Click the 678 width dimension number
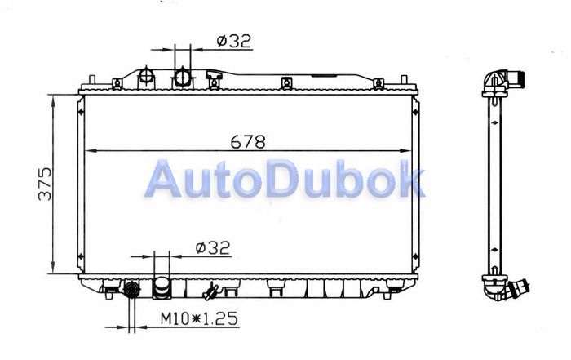coord(248,141)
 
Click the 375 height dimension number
coord(45,184)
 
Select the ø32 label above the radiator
coord(234,41)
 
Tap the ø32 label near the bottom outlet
coord(213,248)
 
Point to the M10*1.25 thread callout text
coord(199,318)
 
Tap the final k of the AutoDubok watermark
coord(410,178)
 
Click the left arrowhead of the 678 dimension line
coord(90,150)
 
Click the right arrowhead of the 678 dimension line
coord(405,150)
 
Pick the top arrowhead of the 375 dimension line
coord(54,101)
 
